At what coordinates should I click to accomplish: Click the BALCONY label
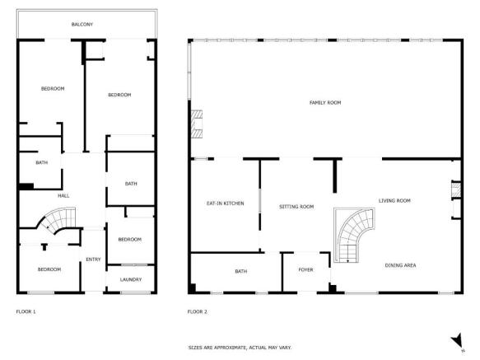coord(82,25)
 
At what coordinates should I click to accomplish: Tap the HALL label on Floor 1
coord(63,195)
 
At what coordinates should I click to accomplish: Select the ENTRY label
coord(93,260)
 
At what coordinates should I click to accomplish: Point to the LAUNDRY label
coord(131,279)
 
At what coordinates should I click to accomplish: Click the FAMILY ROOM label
coord(324,102)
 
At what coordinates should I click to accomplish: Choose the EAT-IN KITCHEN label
coord(224,203)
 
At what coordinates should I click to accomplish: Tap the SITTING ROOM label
coord(296,206)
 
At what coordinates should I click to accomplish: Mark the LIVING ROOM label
coord(394,200)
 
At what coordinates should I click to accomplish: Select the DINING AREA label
coord(401,265)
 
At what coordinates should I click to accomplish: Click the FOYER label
coord(305,269)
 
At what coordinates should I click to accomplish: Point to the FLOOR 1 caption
coord(26,311)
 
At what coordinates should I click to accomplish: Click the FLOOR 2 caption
coord(197,311)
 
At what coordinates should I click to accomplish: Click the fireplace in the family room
coord(196,124)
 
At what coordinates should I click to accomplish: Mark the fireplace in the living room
coord(452,192)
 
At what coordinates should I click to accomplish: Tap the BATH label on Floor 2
coord(241,271)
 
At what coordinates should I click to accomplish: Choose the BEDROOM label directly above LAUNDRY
coord(129,239)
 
